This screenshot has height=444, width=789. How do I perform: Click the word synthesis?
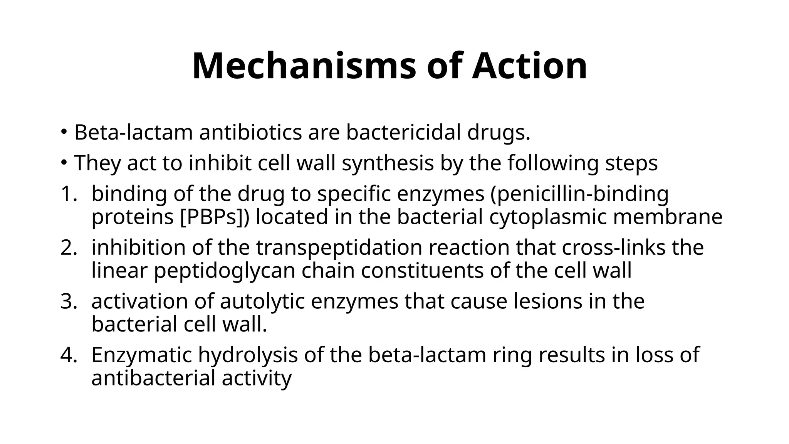[x=388, y=163]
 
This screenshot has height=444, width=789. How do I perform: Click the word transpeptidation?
[x=339, y=247]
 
